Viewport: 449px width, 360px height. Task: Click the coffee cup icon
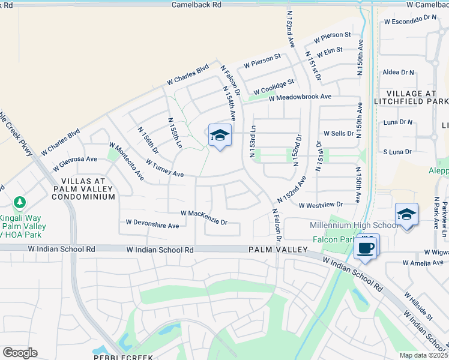point(366,247)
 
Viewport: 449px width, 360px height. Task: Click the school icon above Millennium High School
point(406,215)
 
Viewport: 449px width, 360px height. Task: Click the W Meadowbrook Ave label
point(300,97)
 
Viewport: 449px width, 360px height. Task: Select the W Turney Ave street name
point(164,168)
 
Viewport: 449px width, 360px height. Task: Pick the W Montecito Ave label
point(126,160)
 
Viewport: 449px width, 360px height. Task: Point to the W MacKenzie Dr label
point(204,217)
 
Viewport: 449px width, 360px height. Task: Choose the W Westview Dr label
point(323,205)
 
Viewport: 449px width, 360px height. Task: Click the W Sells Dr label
point(339,133)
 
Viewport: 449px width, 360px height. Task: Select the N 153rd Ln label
point(253,142)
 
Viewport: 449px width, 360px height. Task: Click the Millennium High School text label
point(353,226)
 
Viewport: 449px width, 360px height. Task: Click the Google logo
point(20,353)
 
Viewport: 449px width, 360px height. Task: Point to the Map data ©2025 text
point(423,355)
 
